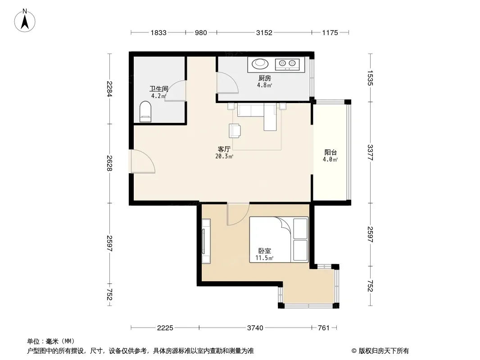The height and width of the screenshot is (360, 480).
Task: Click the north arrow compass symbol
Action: coord(25,21)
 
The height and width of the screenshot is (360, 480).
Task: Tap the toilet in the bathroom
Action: coord(145,112)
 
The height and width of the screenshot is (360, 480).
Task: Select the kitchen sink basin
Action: coord(260,63)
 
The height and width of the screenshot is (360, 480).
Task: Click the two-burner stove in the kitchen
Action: coord(287,64)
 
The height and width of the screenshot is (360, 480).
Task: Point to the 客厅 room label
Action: coord(224,149)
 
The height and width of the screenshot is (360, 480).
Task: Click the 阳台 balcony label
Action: coord(331,152)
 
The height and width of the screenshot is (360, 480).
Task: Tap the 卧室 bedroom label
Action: coord(264,251)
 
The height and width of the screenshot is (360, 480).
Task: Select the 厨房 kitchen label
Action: coord(264,78)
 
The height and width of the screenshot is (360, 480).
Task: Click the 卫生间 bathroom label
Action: coord(159,89)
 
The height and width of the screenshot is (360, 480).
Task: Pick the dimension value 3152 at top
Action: coord(264,33)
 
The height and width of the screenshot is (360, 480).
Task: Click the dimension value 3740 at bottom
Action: coord(255,328)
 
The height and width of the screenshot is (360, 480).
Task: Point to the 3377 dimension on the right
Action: coord(370,152)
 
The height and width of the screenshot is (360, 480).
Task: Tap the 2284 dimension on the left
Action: coord(109,89)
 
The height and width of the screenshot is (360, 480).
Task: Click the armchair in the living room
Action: coord(235,131)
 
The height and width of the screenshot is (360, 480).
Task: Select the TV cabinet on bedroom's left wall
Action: coord(206,241)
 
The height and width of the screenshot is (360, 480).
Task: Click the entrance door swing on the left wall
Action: coord(143,162)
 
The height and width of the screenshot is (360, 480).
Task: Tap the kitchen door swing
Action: coord(227,82)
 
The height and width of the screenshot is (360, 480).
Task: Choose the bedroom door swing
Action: coord(238,214)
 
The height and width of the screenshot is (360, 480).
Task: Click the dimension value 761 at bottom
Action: coord(324,328)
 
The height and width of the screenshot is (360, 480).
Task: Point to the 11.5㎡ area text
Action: coord(264,258)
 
